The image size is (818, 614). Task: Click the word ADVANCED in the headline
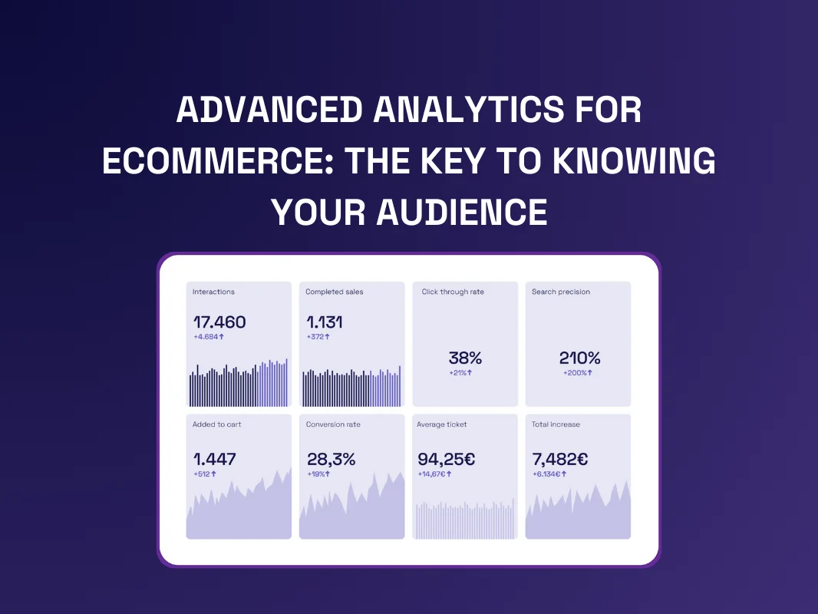(x=269, y=110)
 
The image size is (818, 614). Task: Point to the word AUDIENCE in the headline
(x=462, y=213)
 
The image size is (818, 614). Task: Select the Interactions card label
(x=213, y=292)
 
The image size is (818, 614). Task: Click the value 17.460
(x=219, y=322)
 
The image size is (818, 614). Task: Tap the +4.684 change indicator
(x=209, y=336)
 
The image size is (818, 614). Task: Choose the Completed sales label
(x=335, y=292)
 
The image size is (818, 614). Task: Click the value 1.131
(x=325, y=322)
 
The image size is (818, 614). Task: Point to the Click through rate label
(x=453, y=292)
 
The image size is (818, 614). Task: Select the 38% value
(x=465, y=358)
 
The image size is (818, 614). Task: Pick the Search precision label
(x=561, y=292)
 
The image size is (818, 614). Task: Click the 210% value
(x=579, y=358)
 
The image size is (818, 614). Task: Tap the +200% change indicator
(x=578, y=372)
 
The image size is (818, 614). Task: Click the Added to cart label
(x=217, y=424)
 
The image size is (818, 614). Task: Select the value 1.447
(x=214, y=459)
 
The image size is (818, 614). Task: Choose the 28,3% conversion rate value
(x=331, y=459)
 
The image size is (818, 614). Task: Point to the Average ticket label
(x=442, y=424)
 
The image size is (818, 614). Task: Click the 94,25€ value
(x=447, y=459)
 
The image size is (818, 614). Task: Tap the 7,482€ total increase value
(x=559, y=459)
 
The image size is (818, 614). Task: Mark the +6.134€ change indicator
(x=549, y=474)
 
